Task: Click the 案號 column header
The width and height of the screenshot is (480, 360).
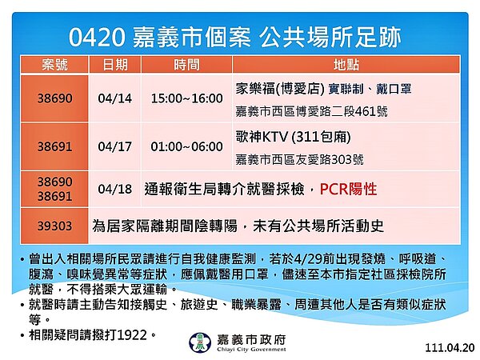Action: pos(55,62)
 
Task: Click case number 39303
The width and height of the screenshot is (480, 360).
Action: pos(55,226)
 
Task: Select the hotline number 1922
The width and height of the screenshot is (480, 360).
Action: pos(132,334)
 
